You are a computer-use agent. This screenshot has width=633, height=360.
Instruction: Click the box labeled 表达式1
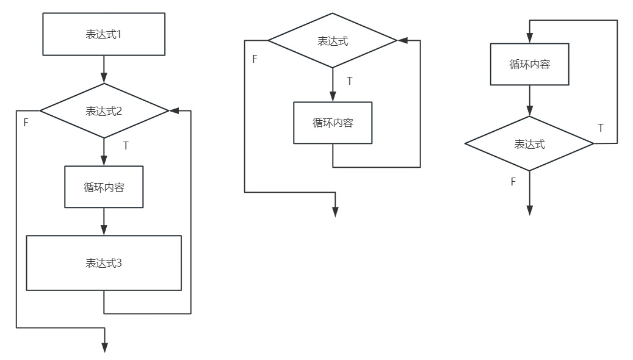coord(104,34)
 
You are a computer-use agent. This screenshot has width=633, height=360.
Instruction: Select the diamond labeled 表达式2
coord(104,111)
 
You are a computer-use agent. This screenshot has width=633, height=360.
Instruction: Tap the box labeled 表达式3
coord(104,263)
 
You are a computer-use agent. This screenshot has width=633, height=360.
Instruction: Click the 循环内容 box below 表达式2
coord(104,187)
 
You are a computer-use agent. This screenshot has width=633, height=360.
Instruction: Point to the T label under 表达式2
coord(126,146)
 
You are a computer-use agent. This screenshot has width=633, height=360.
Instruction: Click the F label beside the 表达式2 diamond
coord(26,123)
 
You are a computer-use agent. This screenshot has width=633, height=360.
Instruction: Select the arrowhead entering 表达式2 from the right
coord(174,111)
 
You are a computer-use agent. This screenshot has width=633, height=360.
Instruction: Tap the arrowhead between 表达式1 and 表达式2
coord(104,78)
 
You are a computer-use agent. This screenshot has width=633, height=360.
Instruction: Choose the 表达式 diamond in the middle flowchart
coord(333,41)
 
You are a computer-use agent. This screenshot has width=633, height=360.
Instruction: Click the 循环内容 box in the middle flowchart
coord(333,123)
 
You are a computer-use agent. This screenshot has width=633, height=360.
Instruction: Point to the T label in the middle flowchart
coord(349,81)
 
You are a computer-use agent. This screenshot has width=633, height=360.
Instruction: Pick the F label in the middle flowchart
coord(255,59)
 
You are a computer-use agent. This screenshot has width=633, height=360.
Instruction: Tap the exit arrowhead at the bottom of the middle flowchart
coord(335,211)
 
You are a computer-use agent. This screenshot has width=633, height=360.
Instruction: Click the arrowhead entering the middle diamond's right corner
coord(402,40)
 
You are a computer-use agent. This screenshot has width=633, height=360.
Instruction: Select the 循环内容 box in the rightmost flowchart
coord(530,64)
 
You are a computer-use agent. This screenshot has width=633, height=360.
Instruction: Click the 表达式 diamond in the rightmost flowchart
coord(529,144)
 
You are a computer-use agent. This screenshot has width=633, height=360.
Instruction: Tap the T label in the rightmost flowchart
coord(601,128)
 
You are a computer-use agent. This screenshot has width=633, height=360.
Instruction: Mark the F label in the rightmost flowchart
coord(513,182)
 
